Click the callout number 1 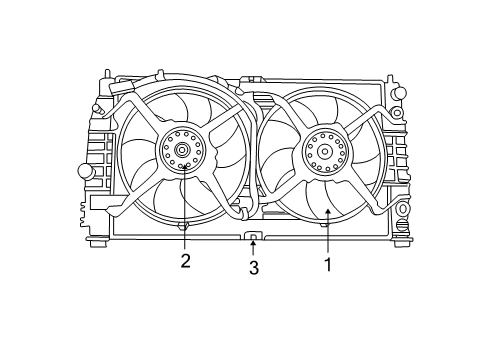[x=326, y=265]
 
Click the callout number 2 [x=185, y=263]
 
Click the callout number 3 [x=254, y=267]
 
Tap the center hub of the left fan [x=184, y=152]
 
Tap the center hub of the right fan [x=324, y=153]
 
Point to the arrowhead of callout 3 [x=254, y=242]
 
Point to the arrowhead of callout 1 [x=326, y=205]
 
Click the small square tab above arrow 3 [x=254, y=236]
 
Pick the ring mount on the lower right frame [x=402, y=210]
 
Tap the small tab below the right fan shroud [x=325, y=224]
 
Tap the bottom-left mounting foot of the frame [x=97, y=239]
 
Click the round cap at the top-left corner [x=99, y=107]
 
